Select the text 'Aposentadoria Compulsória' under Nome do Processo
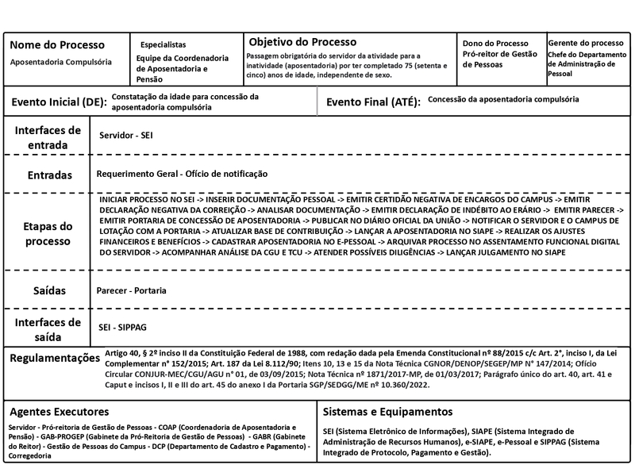(x=61, y=61)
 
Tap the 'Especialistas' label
(x=164, y=44)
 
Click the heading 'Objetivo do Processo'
(x=302, y=41)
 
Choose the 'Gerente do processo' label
(x=586, y=43)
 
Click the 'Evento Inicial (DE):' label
(x=57, y=102)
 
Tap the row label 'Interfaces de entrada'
(x=47, y=136)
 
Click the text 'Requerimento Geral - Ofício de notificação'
(x=182, y=174)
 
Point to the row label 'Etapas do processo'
(x=47, y=232)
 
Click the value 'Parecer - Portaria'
(x=131, y=291)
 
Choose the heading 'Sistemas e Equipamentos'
(x=388, y=412)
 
